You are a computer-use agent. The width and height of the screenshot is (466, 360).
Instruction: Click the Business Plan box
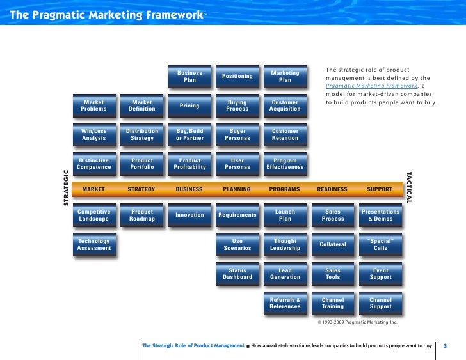click(x=189, y=77)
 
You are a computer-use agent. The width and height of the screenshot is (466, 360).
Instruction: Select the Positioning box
click(x=237, y=77)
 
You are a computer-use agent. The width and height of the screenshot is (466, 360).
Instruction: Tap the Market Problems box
click(x=93, y=106)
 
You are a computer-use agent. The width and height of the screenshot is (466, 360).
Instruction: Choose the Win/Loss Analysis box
click(x=93, y=134)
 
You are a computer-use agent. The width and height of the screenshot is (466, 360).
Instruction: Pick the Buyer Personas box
click(x=237, y=134)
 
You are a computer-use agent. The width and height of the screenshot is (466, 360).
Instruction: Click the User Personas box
click(x=237, y=164)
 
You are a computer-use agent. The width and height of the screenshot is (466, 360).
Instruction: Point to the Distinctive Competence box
click(x=93, y=164)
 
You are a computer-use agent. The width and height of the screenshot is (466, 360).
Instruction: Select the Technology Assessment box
click(x=93, y=245)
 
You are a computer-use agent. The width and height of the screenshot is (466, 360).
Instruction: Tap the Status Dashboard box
click(x=237, y=274)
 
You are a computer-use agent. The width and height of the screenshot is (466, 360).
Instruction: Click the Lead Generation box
click(x=285, y=274)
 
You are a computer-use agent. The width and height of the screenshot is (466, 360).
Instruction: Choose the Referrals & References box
click(x=285, y=303)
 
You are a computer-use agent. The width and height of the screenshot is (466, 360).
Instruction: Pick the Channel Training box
click(x=332, y=303)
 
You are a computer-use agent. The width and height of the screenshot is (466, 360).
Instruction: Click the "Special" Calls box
click(x=380, y=245)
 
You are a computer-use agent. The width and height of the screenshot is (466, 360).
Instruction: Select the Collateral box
click(x=332, y=244)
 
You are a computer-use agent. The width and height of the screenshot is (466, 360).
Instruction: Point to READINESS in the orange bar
click(x=332, y=189)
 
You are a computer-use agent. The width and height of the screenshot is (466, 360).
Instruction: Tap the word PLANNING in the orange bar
click(x=237, y=189)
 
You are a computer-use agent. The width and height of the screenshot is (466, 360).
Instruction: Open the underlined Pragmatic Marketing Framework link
click(x=371, y=86)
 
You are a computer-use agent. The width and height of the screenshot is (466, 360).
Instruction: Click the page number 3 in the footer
click(x=445, y=346)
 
